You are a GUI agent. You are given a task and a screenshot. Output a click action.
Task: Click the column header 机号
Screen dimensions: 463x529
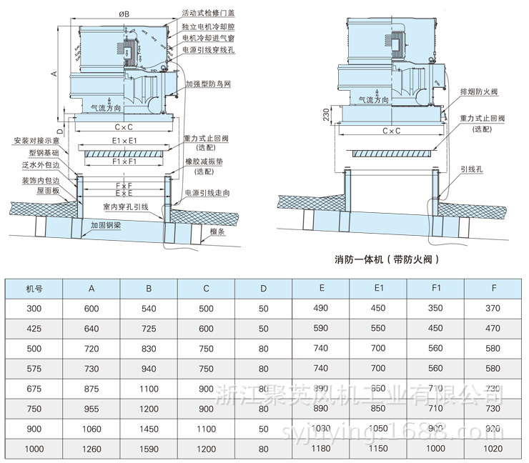(x=34, y=289)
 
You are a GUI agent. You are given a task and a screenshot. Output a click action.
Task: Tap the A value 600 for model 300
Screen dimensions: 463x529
(x=92, y=309)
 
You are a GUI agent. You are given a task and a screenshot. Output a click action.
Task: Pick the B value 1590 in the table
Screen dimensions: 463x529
(x=149, y=449)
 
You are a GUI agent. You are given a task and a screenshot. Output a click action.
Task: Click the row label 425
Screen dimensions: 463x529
(x=34, y=329)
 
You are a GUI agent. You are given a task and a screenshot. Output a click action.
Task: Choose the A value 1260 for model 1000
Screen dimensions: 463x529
(x=92, y=449)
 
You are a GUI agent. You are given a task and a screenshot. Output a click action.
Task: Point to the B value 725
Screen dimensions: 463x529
(x=149, y=329)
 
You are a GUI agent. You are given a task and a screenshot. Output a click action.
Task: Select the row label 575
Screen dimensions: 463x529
(x=34, y=369)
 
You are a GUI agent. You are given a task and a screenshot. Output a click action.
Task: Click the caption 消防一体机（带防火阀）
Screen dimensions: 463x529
(x=386, y=259)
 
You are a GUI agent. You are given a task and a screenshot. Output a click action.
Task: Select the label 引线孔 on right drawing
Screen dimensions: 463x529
(x=472, y=169)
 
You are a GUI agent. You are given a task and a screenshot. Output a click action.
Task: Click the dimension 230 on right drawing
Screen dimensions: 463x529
(x=326, y=114)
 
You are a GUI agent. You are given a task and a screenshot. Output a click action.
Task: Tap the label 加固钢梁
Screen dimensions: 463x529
(x=105, y=224)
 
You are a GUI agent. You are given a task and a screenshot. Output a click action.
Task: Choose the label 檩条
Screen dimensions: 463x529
(x=218, y=231)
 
